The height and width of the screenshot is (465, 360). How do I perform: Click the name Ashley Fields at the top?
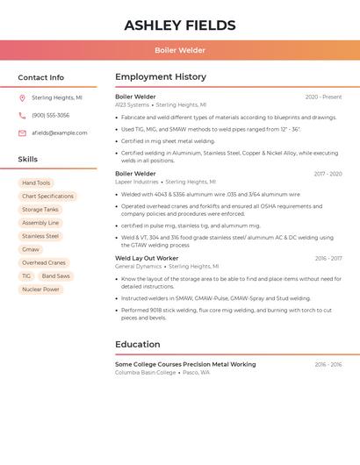(180, 25)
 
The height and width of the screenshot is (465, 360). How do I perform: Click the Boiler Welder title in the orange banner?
(180, 50)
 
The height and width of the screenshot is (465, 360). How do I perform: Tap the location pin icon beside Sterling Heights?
(22, 97)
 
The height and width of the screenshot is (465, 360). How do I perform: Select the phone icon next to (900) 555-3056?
(22, 115)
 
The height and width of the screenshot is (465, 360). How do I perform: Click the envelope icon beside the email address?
(22, 132)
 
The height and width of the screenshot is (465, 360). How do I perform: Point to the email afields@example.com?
(60, 132)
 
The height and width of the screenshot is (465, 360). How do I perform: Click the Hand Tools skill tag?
(36, 182)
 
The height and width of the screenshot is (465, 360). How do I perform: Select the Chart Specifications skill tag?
(47, 196)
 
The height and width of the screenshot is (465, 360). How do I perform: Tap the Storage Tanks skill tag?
(40, 210)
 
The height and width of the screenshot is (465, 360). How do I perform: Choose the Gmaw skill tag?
(31, 249)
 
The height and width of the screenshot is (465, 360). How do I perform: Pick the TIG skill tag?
(26, 275)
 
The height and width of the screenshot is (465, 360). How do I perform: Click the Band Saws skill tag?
(55, 275)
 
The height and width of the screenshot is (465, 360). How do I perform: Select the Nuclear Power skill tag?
(40, 289)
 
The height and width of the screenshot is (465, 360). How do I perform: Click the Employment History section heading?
(161, 77)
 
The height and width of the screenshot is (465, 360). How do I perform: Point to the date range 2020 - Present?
(323, 97)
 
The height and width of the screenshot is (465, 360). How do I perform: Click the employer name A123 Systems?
(132, 104)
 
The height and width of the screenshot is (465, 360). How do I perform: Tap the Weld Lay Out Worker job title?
(147, 258)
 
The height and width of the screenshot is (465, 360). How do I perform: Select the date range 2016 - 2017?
(328, 258)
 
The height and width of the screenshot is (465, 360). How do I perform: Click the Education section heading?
(137, 345)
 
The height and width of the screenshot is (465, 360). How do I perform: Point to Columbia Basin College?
(145, 372)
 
